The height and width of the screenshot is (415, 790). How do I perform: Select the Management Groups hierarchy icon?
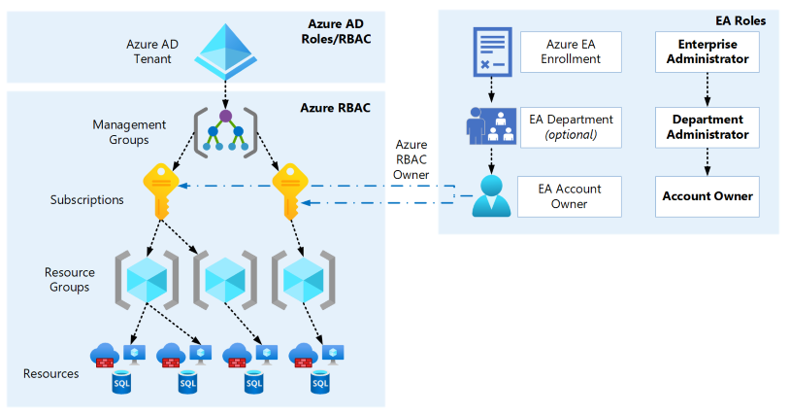(x=225, y=129)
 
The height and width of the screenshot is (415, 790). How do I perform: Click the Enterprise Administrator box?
(x=708, y=52)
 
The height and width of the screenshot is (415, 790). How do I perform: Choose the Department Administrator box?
(x=708, y=126)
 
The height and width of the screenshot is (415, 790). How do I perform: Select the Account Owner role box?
(x=708, y=196)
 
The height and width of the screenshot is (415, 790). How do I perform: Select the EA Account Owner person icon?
(x=492, y=195)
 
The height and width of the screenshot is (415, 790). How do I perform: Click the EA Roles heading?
(x=739, y=19)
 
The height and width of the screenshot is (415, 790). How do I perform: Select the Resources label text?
(x=50, y=373)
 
